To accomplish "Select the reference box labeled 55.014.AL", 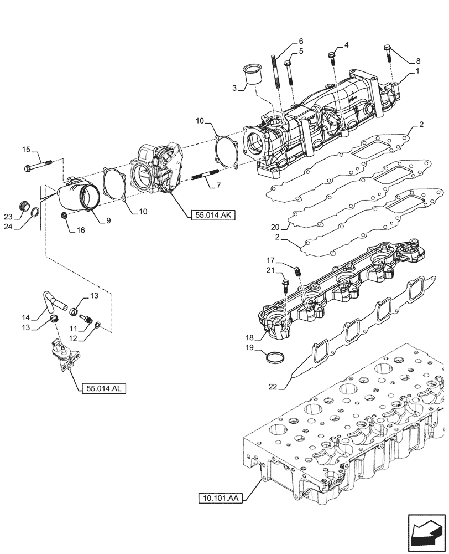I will [x=103, y=388].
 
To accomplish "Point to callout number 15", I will [x=26, y=149].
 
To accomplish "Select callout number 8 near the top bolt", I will [x=418, y=61].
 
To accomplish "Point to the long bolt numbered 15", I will [x=39, y=165].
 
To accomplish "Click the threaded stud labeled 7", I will [x=205, y=178].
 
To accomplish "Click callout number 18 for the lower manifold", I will [x=250, y=338].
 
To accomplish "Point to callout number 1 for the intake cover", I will [x=418, y=71].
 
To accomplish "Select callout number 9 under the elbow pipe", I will [x=108, y=220].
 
